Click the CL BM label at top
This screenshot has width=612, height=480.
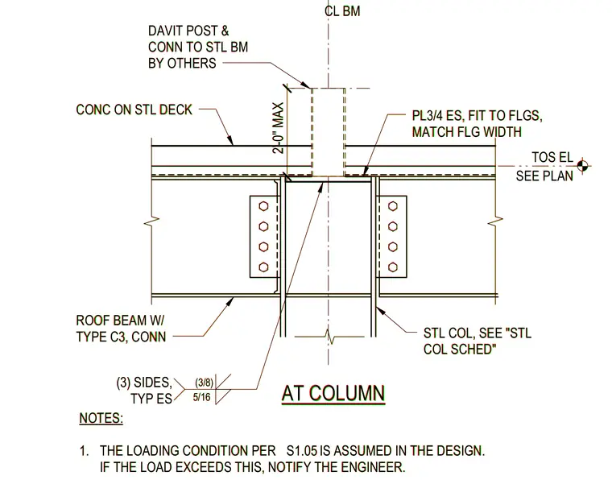pyautogui.click(x=342, y=11)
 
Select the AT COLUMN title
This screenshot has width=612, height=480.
pyautogui.click(x=333, y=393)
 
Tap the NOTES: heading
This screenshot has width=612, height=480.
pyautogui.click(x=101, y=418)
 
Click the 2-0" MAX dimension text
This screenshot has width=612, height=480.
pyautogui.click(x=279, y=128)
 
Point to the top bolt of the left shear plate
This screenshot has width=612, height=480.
pyautogui.click(x=263, y=205)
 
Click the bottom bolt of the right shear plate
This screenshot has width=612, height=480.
pyautogui.click(x=393, y=267)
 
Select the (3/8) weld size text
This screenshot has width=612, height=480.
pyautogui.click(x=204, y=383)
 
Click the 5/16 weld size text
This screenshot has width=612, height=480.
pyautogui.click(x=202, y=397)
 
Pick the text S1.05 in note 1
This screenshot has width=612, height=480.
pyautogui.click(x=302, y=451)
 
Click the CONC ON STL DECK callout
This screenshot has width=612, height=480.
pyautogui.click(x=134, y=110)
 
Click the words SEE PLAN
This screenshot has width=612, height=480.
pyautogui.click(x=544, y=176)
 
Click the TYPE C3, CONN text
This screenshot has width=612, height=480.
pyautogui.click(x=121, y=337)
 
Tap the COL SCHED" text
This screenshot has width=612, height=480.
pyautogui.click(x=459, y=349)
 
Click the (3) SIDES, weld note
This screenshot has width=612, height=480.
pyautogui.click(x=144, y=383)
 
